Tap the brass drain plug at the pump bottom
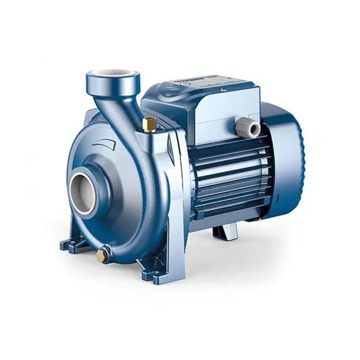coord(103,256)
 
